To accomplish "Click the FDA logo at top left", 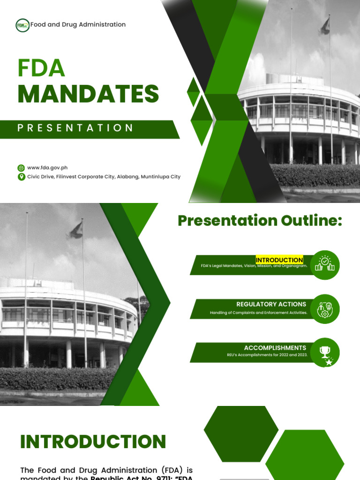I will pyautogui.click(x=22, y=25).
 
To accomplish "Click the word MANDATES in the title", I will pyautogui.click(x=89, y=94).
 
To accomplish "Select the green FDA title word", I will pyautogui.click(x=41, y=68).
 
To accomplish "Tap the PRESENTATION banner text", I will pyautogui.click(x=75, y=128).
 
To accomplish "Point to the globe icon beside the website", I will pyautogui.click(x=21, y=168).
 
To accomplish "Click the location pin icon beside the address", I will pyautogui.click(x=21, y=177).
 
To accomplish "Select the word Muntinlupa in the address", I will pyautogui.click(x=154, y=177).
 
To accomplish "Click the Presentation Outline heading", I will pyautogui.click(x=260, y=220).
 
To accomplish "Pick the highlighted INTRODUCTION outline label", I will pyautogui.click(x=279, y=260).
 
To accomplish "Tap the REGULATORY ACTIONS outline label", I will pyautogui.click(x=271, y=304).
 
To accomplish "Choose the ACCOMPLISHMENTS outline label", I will pyautogui.click(x=275, y=348).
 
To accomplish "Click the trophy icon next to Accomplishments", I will pyautogui.click(x=325, y=352).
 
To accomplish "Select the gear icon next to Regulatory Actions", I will pyautogui.click(x=325, y=309).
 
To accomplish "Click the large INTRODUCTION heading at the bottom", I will pyautogui.click(x=93, y=442).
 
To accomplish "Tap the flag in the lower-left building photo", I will pyautogui.click(x=76, y=230).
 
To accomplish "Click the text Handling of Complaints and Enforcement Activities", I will pyautogui.click(x=258, y=313).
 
